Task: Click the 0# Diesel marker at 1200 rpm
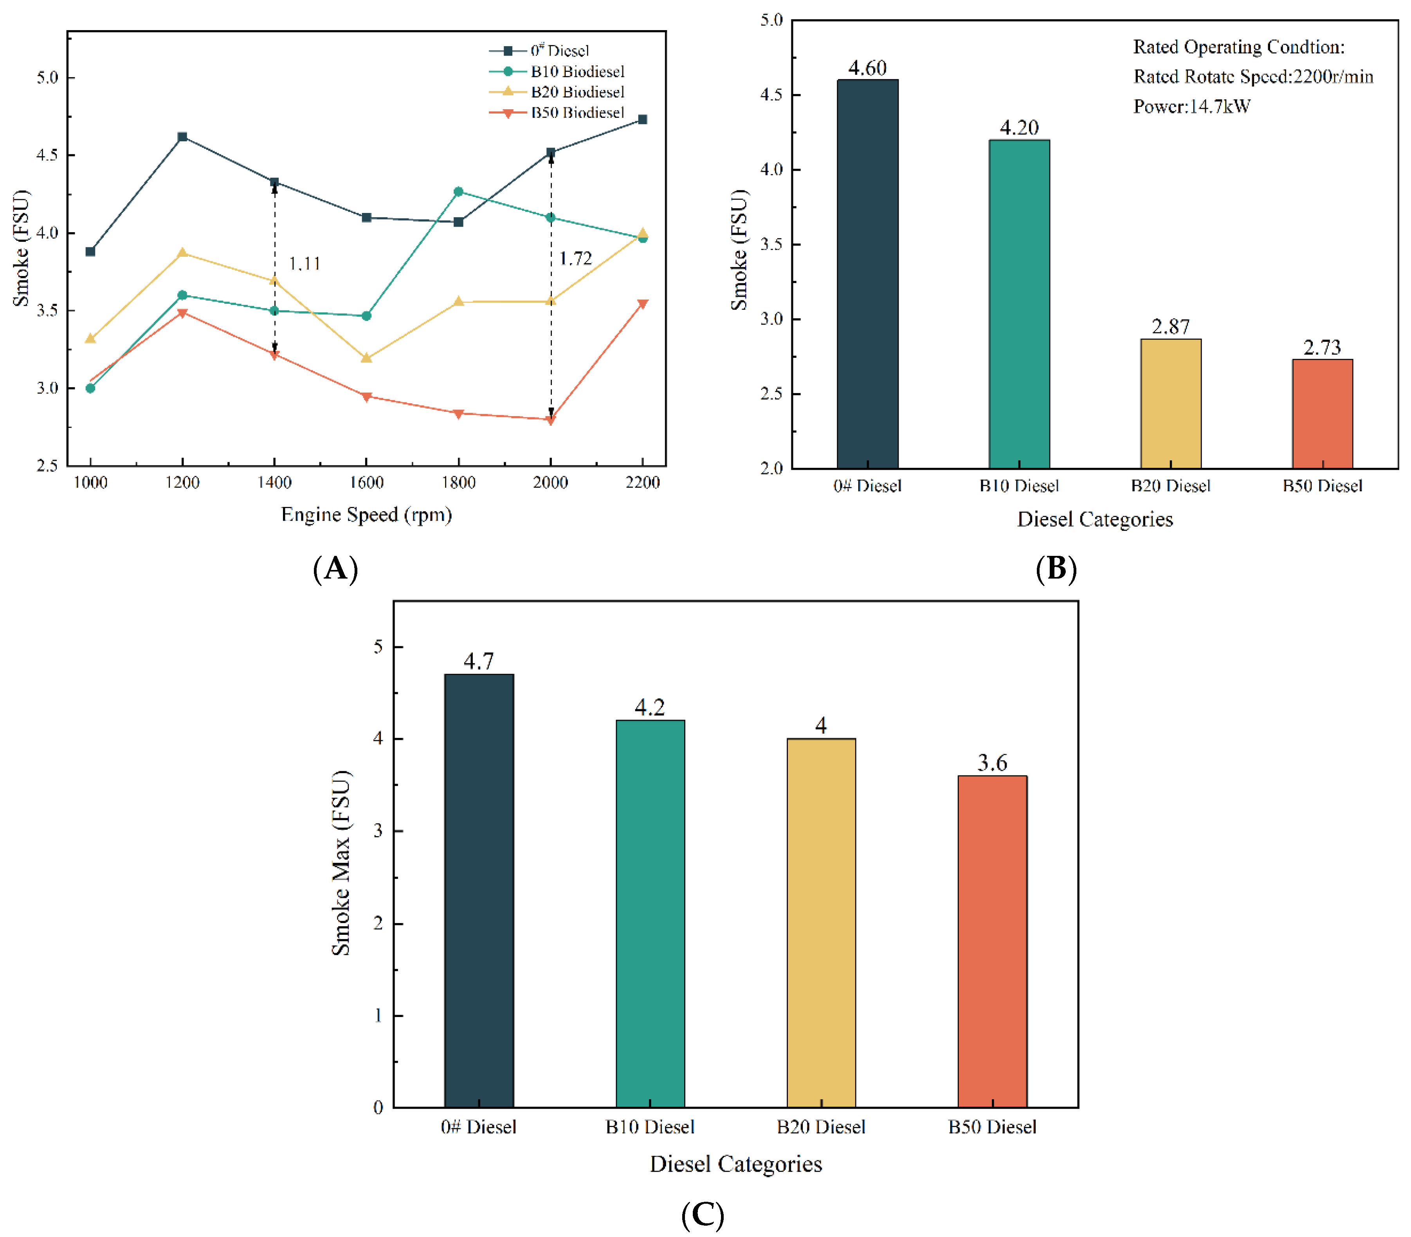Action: [x=182, y=137]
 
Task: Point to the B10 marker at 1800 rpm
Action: [x=458, y=191]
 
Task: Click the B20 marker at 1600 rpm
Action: [x=367, y=357]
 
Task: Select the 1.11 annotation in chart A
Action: [x=305, y=264]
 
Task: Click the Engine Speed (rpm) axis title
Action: [x=367, y=515]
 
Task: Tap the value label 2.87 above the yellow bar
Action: [x=1171, y=326]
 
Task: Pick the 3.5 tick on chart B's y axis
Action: [x=772, y=244]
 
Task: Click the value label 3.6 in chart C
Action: [x=992, y=763]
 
